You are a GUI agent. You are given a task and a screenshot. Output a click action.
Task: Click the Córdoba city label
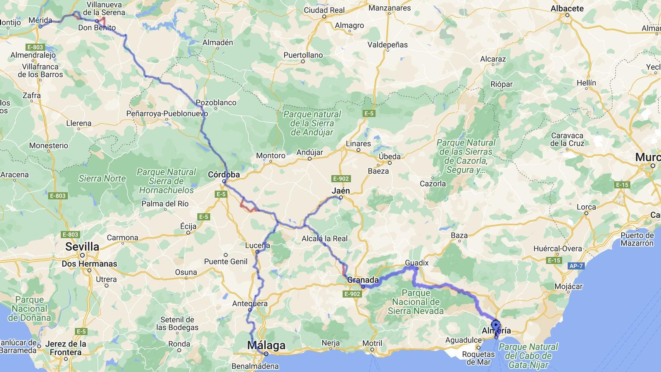pyautogui.click(x=224, y=174)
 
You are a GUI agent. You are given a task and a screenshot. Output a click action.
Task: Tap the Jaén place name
pyautogui.click(x=341, y=191)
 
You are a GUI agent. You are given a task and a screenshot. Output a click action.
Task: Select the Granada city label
pyautogui.click(x=363, y=280)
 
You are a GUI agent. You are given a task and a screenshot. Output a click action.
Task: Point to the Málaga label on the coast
pyautogui.click(x=266, y=345)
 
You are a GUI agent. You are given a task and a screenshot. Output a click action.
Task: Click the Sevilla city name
pyautogui.click(x=82, y=247)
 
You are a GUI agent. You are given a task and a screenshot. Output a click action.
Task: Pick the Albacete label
pyautogui.click(x=567, y=8)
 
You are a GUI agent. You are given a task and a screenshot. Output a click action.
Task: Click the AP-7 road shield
pyautogui.click(x=576, y=266)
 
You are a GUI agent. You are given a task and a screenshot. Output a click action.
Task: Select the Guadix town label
pyautogui.click(x=416, y=262)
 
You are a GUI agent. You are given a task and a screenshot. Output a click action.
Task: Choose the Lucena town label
pyautogui.click(x=257, y=245)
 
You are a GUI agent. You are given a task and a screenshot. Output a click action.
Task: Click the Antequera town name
pyautogui.click(x=250, y=303)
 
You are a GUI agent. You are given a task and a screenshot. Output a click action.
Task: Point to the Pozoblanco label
pyautogui.click(x=216, y=103)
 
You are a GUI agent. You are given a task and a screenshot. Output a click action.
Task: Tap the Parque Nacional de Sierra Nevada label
pyautogui.click(x=416, y=302)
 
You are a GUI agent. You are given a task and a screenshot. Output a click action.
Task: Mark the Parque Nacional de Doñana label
pyautogui.click(x=29, y=308)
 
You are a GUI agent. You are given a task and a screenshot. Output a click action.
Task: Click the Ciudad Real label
pyautogui.click(x=324, y=10)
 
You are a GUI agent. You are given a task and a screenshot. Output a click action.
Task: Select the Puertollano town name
pyautogui.click(x=303, y=55)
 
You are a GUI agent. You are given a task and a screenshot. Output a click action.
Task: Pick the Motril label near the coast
pyautogui.click(x=372, y=343)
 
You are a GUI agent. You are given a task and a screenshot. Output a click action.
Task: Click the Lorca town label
pyautogui.click(x=586, y=207)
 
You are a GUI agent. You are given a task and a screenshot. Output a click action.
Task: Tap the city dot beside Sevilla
pyautogui.click(x=82, y=255)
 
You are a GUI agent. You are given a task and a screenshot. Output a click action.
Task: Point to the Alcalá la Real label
pyautogui.click(x=324, y=238)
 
